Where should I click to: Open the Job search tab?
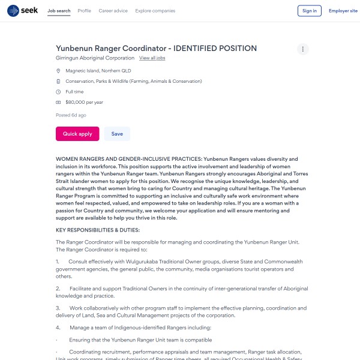[59, 11]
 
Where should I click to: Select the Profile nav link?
[85, 11]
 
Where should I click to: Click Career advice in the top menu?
[113, 11]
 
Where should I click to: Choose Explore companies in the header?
[155, 11]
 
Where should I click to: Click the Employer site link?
[343, 11]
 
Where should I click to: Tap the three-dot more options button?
[303, 49]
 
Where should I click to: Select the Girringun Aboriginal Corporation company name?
[95, 58]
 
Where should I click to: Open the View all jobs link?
[152, 58]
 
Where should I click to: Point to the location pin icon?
[58, 71]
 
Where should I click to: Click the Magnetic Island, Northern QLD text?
[98, 71]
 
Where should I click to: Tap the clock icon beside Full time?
[58, 92]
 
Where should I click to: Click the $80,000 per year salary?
[84, 103]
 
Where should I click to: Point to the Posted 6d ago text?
[71, 115]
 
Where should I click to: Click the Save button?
[117, 134]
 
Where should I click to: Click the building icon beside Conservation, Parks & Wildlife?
[58, 81]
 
